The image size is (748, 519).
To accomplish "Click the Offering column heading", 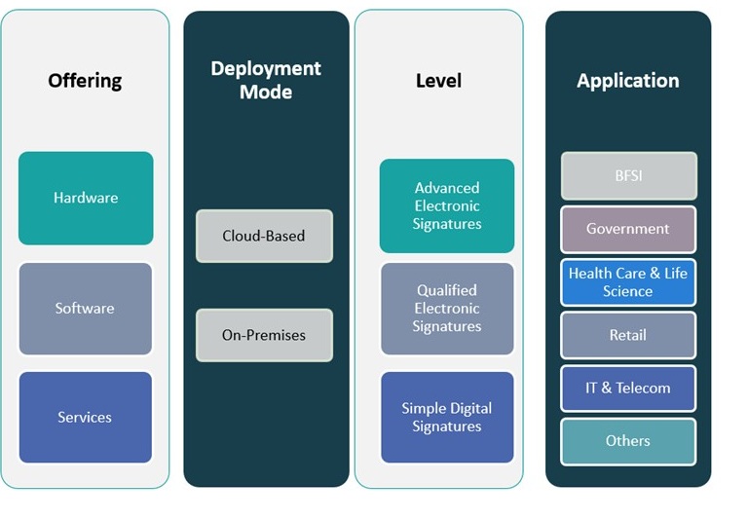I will click(x=85, y=80).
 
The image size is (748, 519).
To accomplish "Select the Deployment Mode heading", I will click(x=266, y=80).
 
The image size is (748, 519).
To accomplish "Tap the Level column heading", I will click(x=438, y=80).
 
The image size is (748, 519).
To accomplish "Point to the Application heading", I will click(x=627, y=80).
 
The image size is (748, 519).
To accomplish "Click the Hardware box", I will click(x=86, y=198).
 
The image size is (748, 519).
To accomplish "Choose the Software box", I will click(x=85, y=308).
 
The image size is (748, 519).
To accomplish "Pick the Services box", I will click(x=85, y=417).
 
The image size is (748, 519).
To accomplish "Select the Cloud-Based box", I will click(x=264, y=236).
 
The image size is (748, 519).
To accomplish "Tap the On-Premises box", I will click(x=264, y=335).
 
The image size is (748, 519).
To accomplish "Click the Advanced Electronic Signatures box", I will click(x=447, y=205).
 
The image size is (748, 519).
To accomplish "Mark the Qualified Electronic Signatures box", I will click(x=447, y=308).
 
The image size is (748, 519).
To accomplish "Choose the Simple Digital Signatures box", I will click(x=447, y=417).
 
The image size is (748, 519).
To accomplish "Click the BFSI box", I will click(x=628, y=176).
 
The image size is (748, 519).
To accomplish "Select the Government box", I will click(x=628, y=229).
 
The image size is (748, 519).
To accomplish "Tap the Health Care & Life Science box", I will click(x=628, y=282).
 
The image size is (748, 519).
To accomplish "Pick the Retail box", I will click(x=628, y=335).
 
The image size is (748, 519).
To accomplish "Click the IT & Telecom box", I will click(x=628, y=388).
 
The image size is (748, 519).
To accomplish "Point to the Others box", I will click(x=628, y=440).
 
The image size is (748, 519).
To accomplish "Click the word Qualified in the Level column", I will click(x=447, y=290).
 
